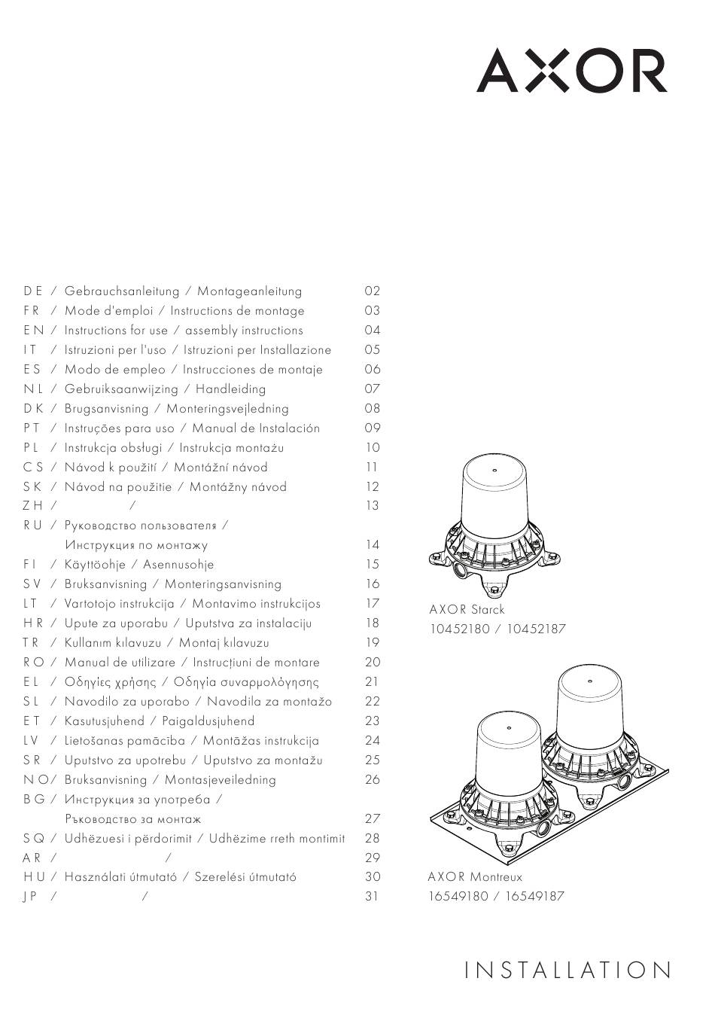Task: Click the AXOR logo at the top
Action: (571, 71)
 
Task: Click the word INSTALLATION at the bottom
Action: (567, 971)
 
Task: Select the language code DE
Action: (33, 291)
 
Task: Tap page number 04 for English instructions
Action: (373, 331)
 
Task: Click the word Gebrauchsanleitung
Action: (122, 291)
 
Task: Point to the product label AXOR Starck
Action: (467, 610)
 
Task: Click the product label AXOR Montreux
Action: (475, 877)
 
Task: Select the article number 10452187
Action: (536, 629)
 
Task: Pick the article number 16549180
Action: (458, 897)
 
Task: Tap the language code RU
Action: (33, 526)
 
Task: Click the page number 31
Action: (372, 897)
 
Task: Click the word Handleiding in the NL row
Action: (230, 389)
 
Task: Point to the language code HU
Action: (34, 877)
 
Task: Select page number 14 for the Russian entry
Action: (372, 545)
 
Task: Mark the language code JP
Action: (31, 897)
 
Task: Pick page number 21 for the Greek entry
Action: (372, 682)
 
